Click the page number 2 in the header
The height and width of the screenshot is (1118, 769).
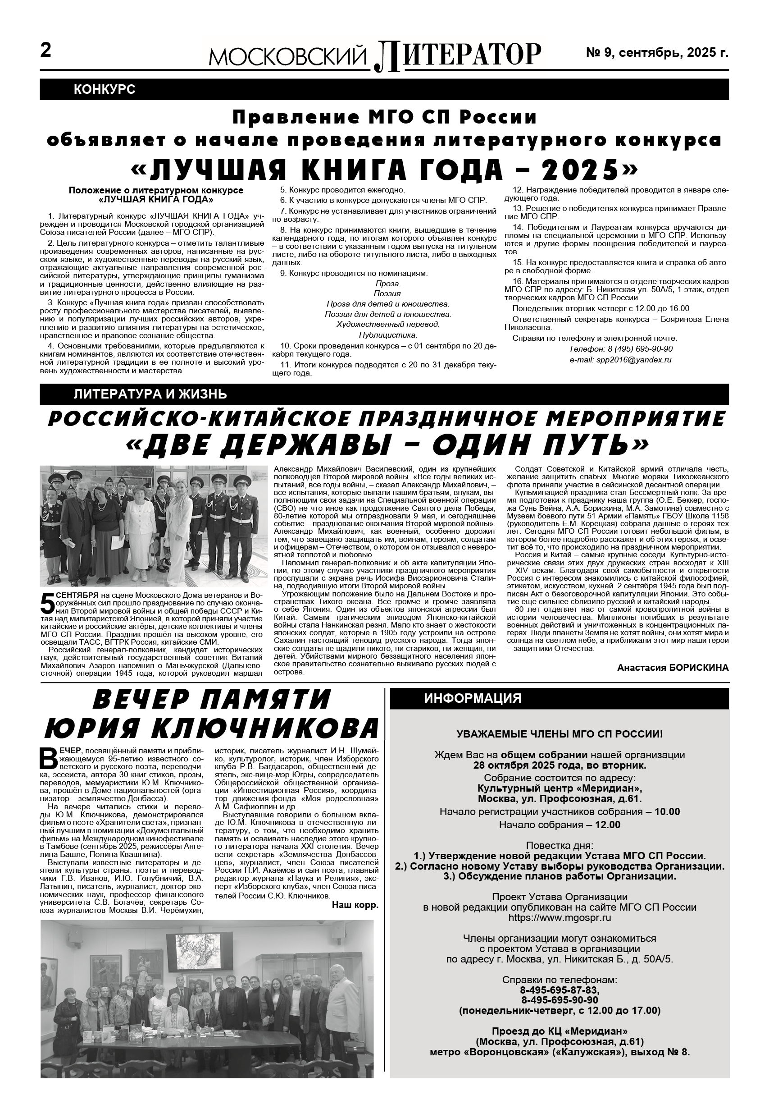46,50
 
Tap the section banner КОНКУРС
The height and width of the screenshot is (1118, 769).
105,89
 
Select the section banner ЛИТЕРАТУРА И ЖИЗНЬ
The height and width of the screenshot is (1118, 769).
150,394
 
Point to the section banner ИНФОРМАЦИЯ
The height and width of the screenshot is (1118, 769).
472,699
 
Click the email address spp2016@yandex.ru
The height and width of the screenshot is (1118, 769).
621,360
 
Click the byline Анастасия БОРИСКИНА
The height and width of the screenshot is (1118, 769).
673,668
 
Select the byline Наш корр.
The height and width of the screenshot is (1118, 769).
355,905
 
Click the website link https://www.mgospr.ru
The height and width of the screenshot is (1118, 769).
560,918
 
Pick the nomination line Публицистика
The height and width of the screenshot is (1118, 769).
388,335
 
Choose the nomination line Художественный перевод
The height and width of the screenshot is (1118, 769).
388,325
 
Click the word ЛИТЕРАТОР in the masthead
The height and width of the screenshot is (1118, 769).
458,54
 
